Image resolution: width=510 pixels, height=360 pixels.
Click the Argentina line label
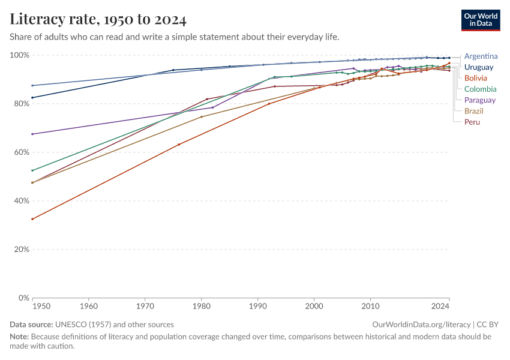pyautogui.click(x=481, y=56)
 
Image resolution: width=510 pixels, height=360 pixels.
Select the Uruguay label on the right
pyautogui.click(x=478, y=67)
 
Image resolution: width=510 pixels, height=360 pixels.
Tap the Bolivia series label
pyautogui.click(x=476, y=78)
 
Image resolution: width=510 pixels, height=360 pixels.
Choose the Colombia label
pyautogui.click(x=481, y=89)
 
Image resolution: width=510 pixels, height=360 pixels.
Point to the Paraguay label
pyautogui.click(x=480, y=100)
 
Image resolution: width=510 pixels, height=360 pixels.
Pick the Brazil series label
pyautogui.click(x=473, y=111)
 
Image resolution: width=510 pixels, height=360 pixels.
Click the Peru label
pyautogui.click(x=472, y=122)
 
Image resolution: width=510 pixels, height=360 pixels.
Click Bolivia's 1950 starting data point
pyautogui.click(x=32, y=219)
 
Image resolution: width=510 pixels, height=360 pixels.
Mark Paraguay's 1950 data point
pyautogui.click(x=32, y=134)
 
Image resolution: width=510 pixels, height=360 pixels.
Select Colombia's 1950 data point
pyautogui.click(x=32, y=170)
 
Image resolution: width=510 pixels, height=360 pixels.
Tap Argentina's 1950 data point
pyautogui.click(x=32, y=86)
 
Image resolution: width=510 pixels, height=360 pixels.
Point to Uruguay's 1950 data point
pyautogui.click(x=32, y=98)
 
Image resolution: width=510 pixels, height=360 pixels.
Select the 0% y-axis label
pyautogui.click(x=23, y=298)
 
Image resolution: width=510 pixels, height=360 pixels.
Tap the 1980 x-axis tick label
pyautogui.click(x=202, y=307)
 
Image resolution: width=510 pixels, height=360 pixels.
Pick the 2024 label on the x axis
pyautogui.click(x=440, y=307)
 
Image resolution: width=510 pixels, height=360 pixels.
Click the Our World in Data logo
pyautogui.click(x=481, y=20)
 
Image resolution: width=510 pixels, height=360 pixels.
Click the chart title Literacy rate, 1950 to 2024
pyautogui.click(x=98, y=19)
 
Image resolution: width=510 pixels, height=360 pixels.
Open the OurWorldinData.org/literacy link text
pyautogui.click(x=421, y=325)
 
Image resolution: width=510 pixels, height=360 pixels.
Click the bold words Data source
pyautogui.click(x=31, y=325)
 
